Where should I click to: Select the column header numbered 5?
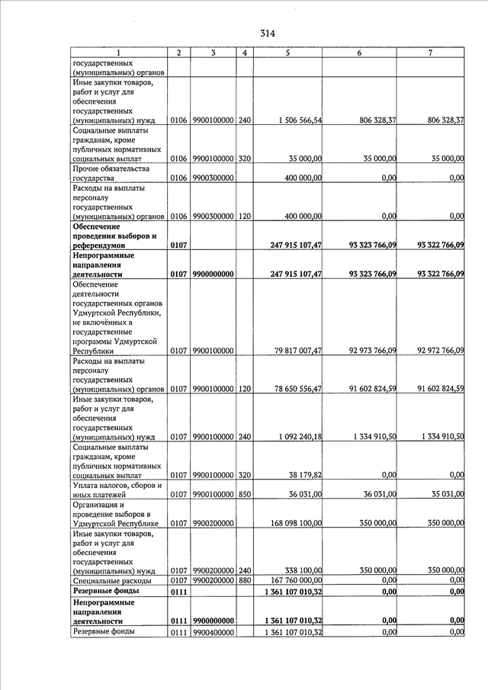pyautogui.click(x=287, y=53)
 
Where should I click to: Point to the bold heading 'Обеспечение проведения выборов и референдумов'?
pyautogui.click(x=115, y=236)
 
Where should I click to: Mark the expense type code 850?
pyautogui.click(x=245, y=493)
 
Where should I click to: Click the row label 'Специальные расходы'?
pyautogui.click(x=111, y=580)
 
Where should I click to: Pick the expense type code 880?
pyautogui.click(x=245, y=580)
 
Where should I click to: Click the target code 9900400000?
pyautogui.click(x=213, y=632)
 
